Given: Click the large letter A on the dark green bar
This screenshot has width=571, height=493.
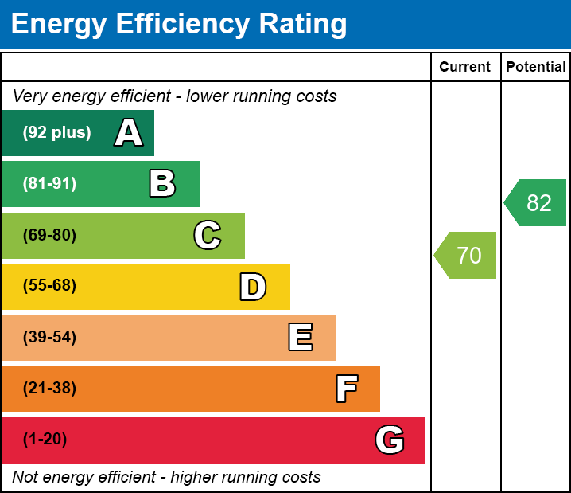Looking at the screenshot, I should [129, 133].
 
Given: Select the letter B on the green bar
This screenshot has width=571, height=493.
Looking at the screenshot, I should [162, 184].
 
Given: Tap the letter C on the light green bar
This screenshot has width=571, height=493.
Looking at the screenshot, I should [207, 235].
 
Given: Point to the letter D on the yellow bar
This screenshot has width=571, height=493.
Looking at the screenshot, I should [253, 287].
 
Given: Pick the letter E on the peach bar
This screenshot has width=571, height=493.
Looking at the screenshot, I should [300, 338].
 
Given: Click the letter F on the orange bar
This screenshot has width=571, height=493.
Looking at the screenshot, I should [346, 389].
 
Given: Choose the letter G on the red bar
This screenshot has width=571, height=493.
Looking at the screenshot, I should [390, 440].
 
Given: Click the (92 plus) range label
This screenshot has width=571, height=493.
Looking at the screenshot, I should [56, 133].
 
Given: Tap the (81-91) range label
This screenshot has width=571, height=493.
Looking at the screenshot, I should [49, 184].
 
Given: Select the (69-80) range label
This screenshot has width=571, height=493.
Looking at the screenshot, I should [49, 235].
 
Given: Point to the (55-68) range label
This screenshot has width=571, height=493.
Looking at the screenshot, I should [49, 286].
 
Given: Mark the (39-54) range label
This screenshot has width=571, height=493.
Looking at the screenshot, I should [49, 338].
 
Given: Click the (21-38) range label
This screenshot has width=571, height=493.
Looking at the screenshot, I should [49, 389].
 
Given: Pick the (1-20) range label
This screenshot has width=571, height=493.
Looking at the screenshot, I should [45, 440].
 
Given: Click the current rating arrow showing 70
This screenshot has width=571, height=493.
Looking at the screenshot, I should [467, 256].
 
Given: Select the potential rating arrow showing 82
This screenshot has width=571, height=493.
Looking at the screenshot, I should [537, 203].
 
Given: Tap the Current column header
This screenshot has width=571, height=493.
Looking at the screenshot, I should [465, 67].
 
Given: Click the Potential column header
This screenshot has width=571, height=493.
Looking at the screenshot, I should [536, 67].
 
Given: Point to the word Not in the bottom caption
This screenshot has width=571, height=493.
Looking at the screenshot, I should [25, 478].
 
